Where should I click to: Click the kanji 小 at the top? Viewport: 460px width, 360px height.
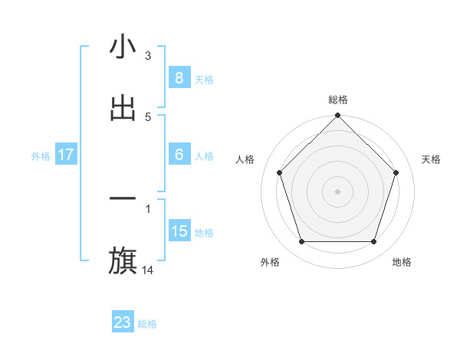pos(123,47)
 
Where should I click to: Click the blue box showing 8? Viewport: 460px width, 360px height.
pos(179,78)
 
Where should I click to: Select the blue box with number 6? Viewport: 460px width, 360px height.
pos(179,155)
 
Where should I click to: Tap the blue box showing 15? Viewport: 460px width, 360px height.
pos(179,231)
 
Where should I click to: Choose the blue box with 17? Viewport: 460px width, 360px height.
pos(65,155)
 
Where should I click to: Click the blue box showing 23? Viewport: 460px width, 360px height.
pos(123,323)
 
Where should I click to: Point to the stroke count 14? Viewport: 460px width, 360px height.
pos(149,270)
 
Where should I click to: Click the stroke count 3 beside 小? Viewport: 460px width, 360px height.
pos(148,55)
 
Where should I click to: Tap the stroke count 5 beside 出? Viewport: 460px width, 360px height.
pos(148,116)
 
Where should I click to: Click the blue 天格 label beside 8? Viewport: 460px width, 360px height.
pos(204,79)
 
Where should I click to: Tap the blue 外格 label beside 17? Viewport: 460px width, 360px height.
pos(41,155)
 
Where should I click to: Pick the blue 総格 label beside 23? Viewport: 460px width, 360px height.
pos(147,324)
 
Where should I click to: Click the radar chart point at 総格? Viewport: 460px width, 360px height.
pos(337,116)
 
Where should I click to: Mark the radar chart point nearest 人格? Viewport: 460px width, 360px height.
pos(279,172)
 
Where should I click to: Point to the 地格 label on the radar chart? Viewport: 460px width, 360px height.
pos(402,262)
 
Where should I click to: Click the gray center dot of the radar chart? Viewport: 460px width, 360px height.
pos(337,191)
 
